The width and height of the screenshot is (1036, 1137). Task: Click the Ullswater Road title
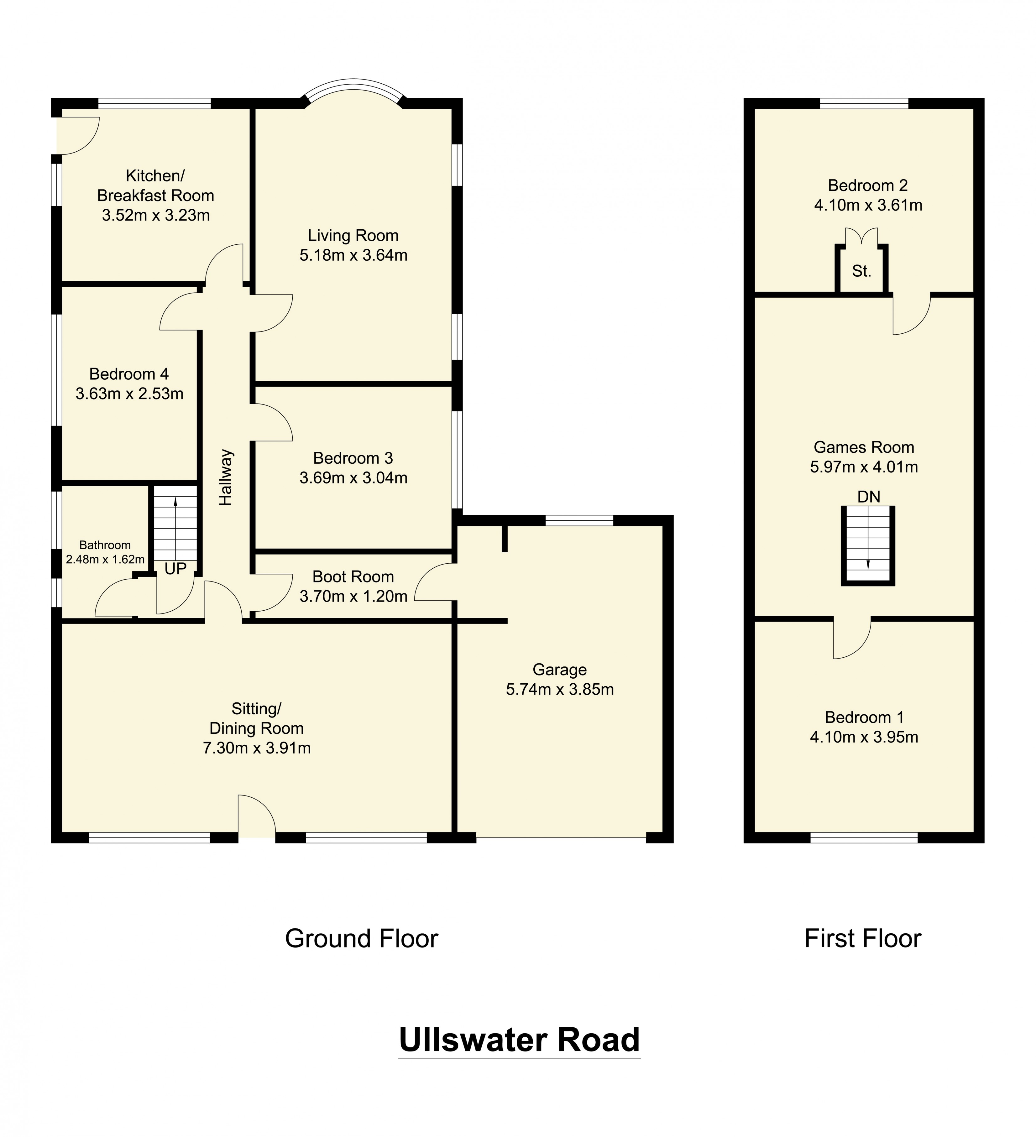519,1040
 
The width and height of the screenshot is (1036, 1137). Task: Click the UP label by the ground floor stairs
175,568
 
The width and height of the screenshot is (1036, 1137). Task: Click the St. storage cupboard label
861,271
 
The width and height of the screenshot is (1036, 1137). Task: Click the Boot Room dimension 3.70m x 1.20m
353,596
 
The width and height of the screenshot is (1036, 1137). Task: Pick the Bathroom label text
105,545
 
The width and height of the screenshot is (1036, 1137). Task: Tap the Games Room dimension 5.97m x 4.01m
864,467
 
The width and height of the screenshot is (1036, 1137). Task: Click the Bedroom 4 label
129,374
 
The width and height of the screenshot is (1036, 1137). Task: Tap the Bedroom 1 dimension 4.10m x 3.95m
864,737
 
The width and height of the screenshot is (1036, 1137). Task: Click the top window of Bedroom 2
864,103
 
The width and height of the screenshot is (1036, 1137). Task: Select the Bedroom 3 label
353,458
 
